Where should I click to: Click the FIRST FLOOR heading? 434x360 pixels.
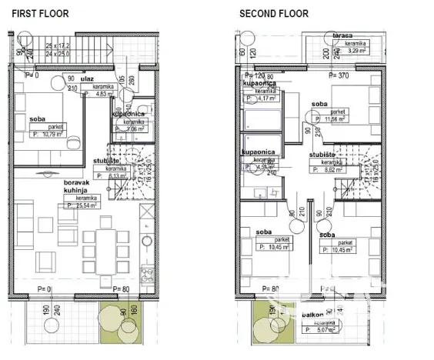click(39, 13)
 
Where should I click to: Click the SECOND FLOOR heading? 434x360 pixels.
click(274, 13)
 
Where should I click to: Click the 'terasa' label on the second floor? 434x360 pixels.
click(343, 36)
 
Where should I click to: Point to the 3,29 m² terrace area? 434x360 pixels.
click(355, 54)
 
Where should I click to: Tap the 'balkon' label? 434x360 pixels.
click(313, 315)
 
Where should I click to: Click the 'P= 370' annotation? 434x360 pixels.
click(339, 76)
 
